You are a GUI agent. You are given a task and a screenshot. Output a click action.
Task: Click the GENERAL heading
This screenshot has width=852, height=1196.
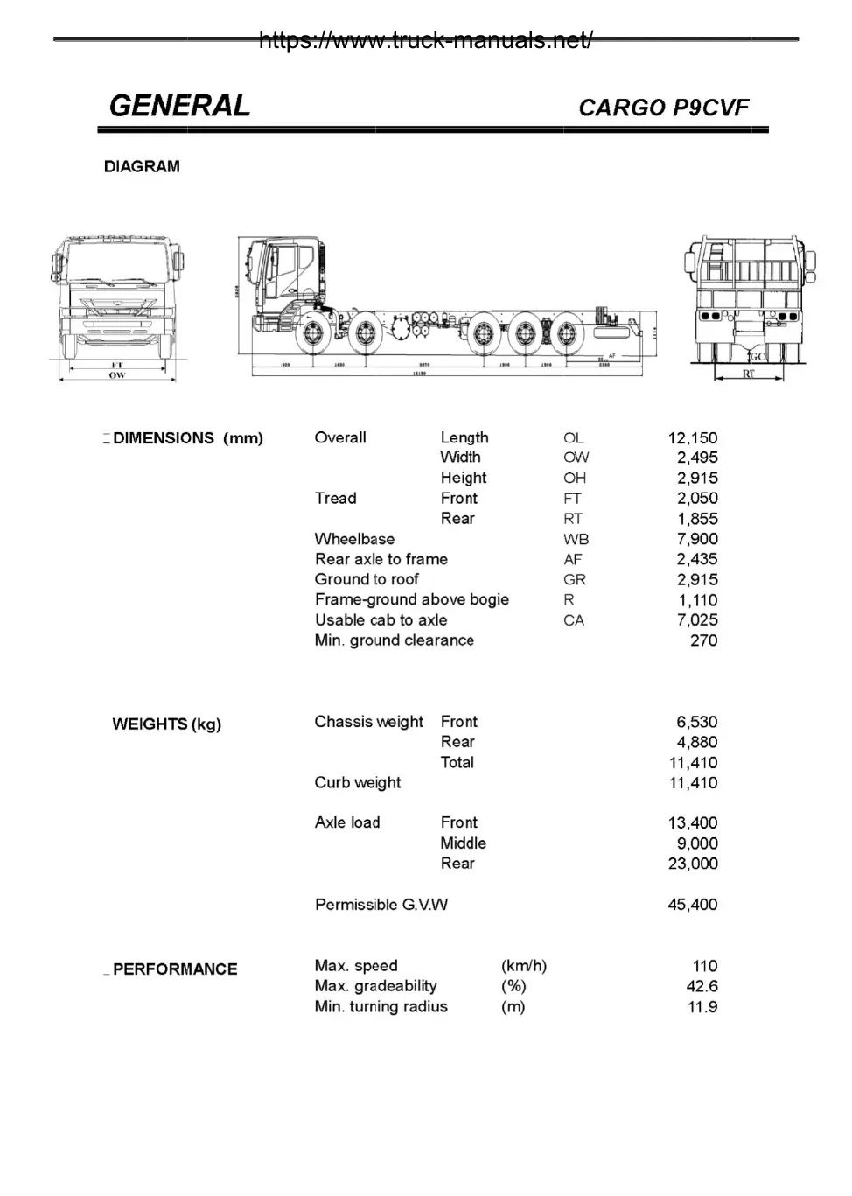[x=179, y=106]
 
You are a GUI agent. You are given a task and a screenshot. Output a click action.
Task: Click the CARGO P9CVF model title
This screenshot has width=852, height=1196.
[x=663, y=108]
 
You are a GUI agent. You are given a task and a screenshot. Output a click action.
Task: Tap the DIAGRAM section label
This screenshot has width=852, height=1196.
[x=142, y=166]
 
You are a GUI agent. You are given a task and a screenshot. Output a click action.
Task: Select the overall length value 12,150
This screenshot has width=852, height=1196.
[x=692, y=437]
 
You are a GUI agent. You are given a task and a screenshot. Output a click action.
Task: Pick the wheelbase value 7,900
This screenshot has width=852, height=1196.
[x=697, y=539]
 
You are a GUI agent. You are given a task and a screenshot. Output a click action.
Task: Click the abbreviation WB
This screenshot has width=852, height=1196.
[x=576, y=539]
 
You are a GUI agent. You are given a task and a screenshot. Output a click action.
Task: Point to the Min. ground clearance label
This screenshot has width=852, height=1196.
[x=394, y=640]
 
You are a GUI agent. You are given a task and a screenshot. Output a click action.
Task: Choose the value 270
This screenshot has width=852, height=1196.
[x=703, y=640]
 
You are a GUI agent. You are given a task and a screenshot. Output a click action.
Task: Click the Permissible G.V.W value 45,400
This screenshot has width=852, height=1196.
[x=692, y=905]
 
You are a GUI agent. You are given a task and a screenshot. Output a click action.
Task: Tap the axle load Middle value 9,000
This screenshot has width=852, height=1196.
[x=697, y=843]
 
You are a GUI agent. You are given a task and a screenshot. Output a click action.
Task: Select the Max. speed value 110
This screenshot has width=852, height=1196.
[x=704, y=966]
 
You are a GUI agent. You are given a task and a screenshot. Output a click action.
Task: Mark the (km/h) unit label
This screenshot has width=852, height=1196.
[x=523, y=966]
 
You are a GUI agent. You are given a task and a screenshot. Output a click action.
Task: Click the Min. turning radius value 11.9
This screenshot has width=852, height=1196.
[x=702, y=1007]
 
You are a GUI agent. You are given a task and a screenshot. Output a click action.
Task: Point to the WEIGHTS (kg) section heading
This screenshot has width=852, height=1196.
[x=166, y=724]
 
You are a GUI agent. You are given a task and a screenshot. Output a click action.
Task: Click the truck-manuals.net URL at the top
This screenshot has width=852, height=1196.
[x=425, y=40]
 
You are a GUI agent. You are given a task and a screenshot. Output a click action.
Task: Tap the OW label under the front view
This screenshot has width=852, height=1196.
[x=116, y=375]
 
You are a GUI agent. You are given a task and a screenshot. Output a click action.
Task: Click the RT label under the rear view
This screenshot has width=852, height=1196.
[x=748, y=374]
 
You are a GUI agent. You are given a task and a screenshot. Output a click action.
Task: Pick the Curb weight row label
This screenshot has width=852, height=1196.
[x=357, y=783]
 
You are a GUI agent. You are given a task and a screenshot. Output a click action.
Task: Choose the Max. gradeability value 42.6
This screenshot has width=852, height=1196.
[x=702, y=986]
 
